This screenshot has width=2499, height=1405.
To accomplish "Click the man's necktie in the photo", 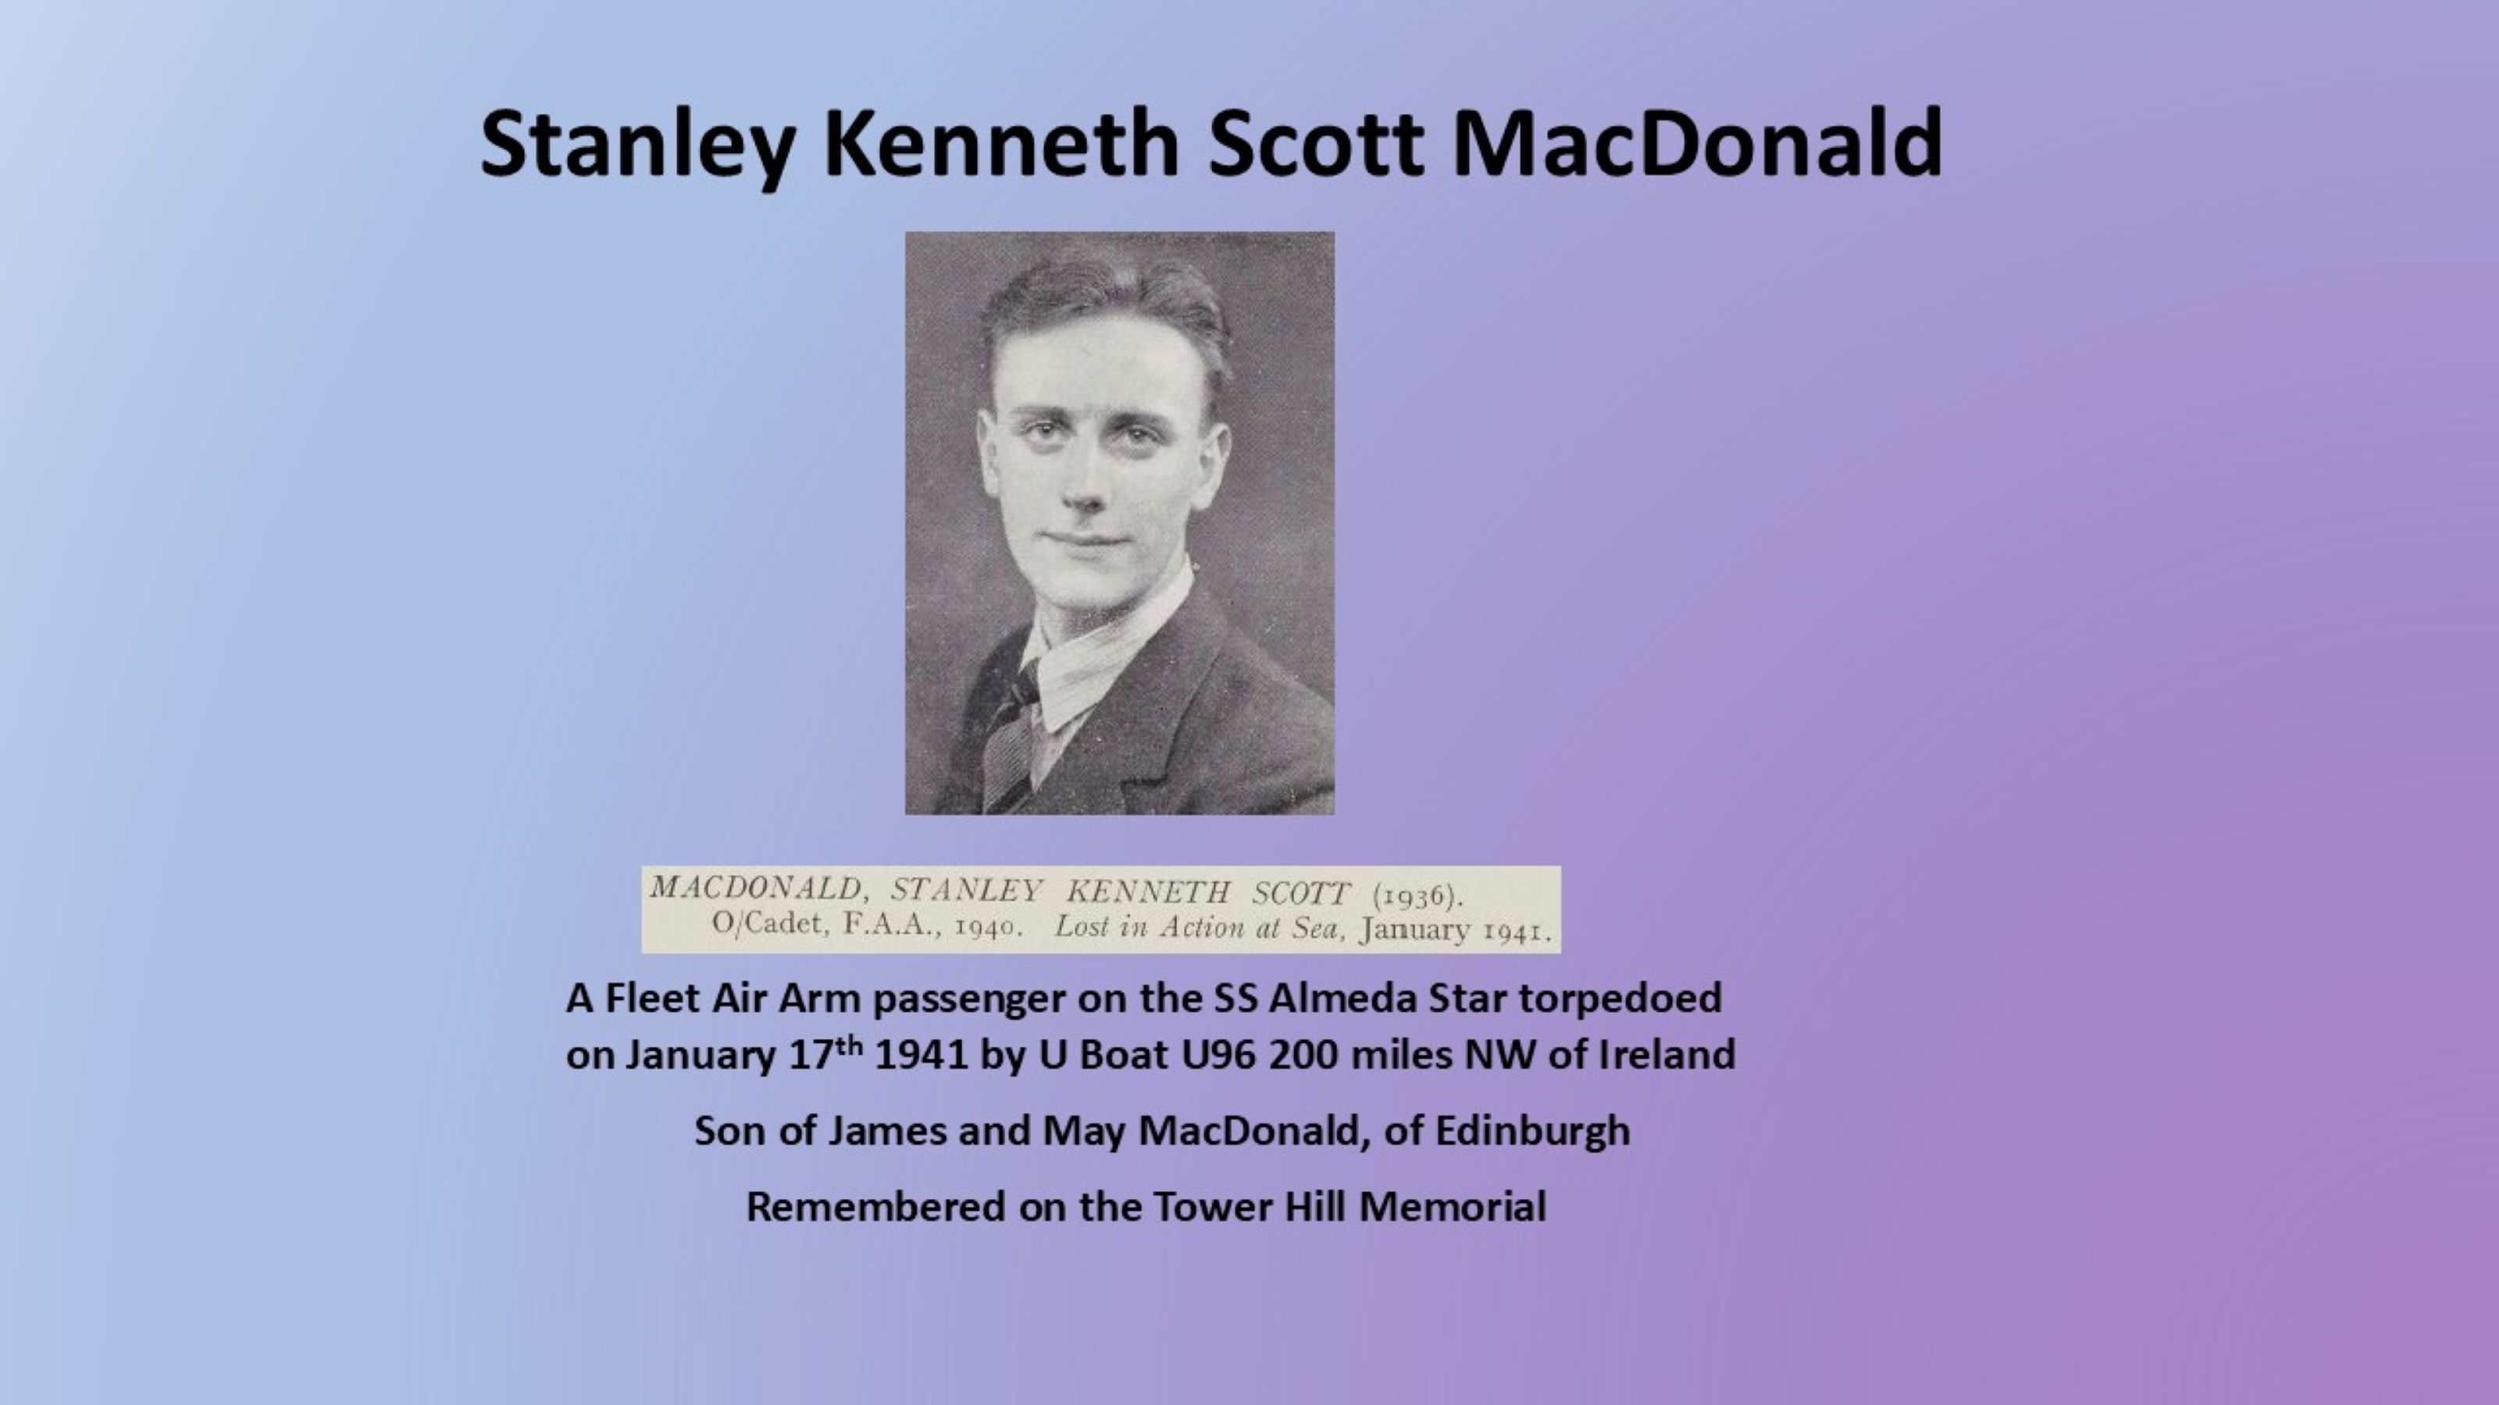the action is (1010, 737).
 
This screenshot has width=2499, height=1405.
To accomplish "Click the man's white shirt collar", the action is (1106, 649).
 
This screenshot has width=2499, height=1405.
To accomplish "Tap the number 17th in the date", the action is (825, 1053).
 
